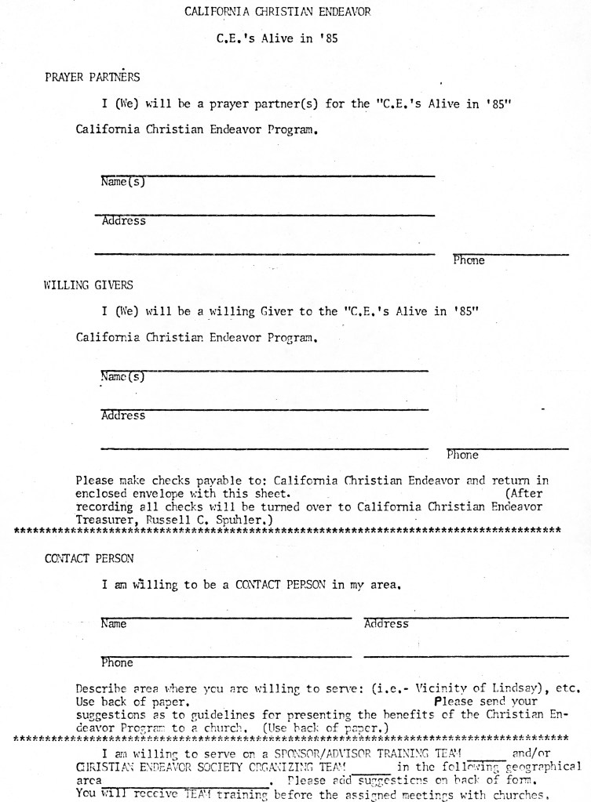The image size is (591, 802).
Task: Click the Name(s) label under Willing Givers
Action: point(124,377)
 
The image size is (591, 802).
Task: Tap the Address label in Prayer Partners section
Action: point(124,221)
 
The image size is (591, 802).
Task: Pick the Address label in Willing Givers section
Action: point(123,416)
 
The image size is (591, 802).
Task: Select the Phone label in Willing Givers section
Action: point(462,454)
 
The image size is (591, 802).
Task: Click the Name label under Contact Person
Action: point(115,624)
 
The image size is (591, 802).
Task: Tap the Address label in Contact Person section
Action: point(386,624)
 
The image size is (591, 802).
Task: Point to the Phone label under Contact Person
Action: point(117,662)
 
